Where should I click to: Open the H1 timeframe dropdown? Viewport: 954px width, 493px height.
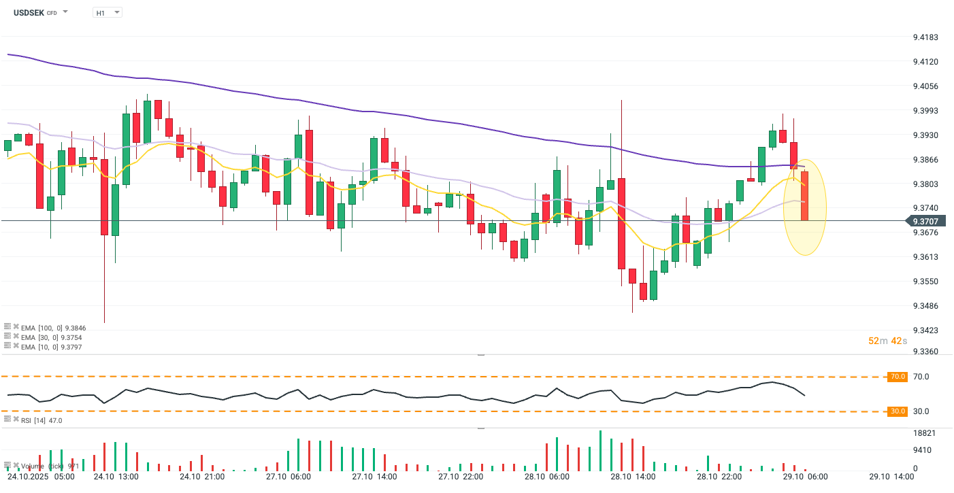coord(107,12)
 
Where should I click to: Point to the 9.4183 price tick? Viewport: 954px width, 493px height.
coord(925,37)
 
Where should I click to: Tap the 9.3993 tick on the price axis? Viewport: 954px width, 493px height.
coord(925,111)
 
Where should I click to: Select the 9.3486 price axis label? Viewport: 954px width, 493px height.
coord(925,306)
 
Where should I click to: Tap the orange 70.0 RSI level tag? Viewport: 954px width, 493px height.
coord(898,376)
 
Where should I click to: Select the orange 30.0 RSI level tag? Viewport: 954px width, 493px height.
coord(898,411)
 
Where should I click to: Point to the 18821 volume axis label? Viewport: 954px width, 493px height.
coord(924,433)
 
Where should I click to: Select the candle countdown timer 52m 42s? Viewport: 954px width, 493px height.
coord(887,341)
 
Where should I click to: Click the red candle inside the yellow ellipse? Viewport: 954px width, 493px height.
coord(804,195)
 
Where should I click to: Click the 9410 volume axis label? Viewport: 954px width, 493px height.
coord(922,450)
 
